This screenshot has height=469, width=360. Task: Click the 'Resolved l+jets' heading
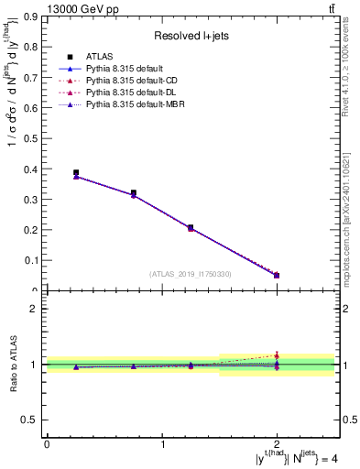pos(190,36)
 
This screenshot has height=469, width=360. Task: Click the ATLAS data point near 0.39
pos(76,172)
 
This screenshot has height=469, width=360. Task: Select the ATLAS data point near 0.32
pos(134,193)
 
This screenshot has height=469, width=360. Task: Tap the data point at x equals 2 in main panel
pos(277,275)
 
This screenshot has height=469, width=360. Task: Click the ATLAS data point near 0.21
pos(191,227)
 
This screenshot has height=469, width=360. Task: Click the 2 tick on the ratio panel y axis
pos(36,309)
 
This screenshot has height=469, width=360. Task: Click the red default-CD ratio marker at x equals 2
pos(277,354)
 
